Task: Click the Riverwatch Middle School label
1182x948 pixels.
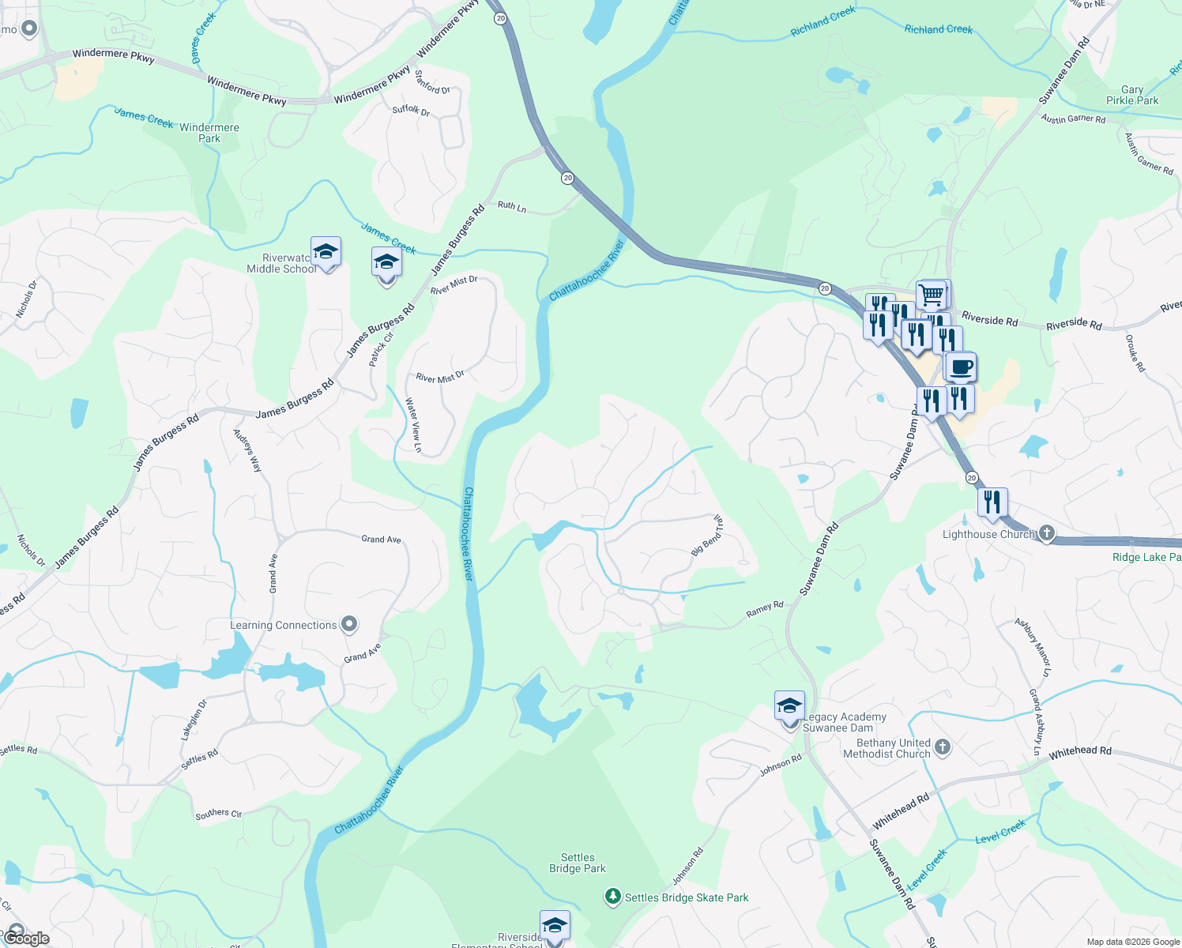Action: point(281,264)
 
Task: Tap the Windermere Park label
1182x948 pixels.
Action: point(209,133)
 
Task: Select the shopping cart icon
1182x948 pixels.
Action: point(932,295)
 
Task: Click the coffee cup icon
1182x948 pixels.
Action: point(961,367)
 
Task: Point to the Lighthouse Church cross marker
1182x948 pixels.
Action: point(1047,533)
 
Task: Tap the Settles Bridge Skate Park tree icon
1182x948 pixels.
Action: point(612,897)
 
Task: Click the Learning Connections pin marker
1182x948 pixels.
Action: point(348,624)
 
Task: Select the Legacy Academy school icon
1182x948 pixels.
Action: point(789,706)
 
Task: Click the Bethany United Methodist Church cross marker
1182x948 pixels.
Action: point(943,746)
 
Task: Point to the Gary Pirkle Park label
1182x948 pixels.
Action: point(1132,96)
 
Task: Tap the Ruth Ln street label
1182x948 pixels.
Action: point(512,207)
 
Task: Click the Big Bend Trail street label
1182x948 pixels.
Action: point(707,536)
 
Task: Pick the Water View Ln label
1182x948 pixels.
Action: point(413,425)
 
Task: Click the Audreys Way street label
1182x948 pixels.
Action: point(247,450)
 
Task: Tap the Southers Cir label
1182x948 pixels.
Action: point(219,813)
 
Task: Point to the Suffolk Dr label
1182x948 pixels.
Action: point(411,110)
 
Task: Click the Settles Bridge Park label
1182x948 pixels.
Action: point(578,863)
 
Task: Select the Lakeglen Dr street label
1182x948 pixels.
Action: point(194,719)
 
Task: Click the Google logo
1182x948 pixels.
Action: point(26,938)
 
